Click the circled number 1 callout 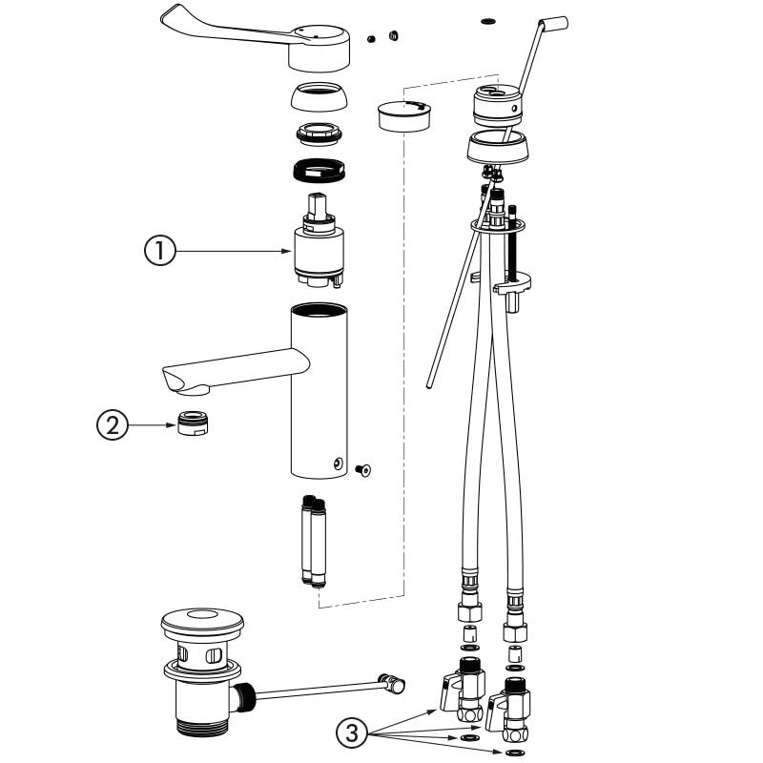[159, 252]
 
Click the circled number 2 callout [113, 424]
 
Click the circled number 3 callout [353, 733]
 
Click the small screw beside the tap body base [362, 468]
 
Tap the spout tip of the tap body [186, 382]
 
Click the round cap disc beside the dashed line [404, 114]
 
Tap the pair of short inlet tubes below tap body [313, 540]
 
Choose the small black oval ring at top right [489, 19]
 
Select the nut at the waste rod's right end [392, 682]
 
